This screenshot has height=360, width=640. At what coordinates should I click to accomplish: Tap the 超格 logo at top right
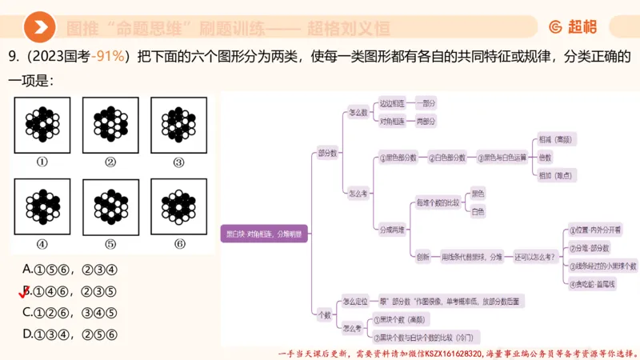click(x=573, y=27)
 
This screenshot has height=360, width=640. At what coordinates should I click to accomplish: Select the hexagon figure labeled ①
click(x=42, y=125)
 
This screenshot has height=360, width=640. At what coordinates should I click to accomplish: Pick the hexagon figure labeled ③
click(x=178, y=125)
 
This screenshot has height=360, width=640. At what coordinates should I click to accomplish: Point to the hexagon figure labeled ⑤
click(x=110, y=206)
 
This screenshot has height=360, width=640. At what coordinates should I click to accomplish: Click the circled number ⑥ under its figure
click(x=179, y=243)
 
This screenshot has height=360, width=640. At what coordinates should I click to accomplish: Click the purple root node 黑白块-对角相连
click(x=264, y=234)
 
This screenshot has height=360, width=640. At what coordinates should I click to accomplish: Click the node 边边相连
click(x=392, y=103)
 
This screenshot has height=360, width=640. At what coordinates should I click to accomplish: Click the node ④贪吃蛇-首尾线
click(x=593, y=283)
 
